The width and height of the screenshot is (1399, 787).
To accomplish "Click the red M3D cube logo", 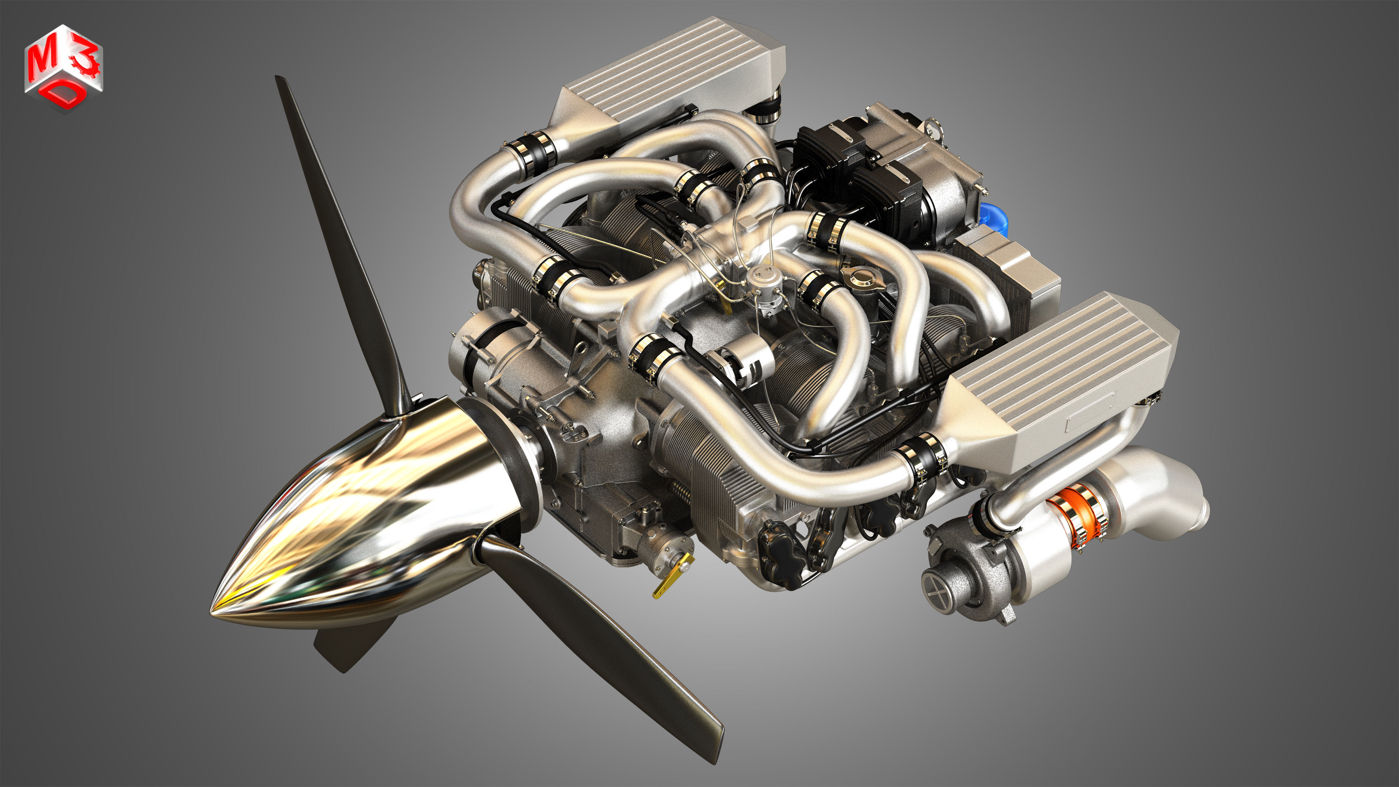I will click(x=63, y=68).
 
